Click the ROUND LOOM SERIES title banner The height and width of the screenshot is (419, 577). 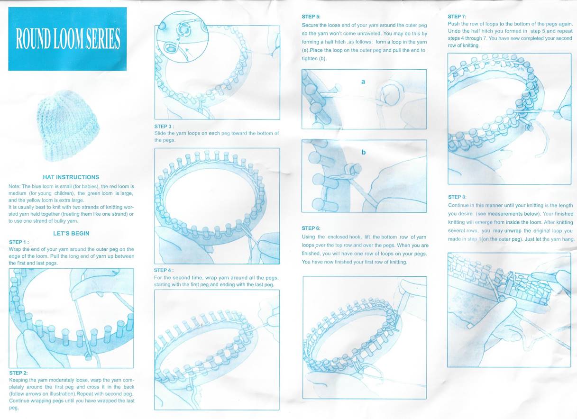pyautogui.click(x=67, y=39)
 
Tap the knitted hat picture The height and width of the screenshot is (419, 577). pyautogui.click(x=69, y=126)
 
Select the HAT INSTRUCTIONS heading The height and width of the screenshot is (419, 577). pyautogui.click(x=71, y=177)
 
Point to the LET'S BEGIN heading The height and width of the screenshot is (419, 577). pyautogui.click(x=71, y=233)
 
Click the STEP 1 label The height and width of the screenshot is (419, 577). pyautogui.click(x=19, y=242)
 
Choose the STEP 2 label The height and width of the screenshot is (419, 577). pyautogui.click(x=18, y=373)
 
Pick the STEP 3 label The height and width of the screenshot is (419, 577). pyautogui.click(x=164, y=127)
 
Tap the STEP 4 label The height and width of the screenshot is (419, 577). pyautogui.click(x=164, y=270)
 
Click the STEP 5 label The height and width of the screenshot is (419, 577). pyautogui.click(x=311, y=17)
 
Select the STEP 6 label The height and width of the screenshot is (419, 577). pyautogui.click(x=311, y=228)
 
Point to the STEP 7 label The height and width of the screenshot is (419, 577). pyautogui.click(x=457, y=17)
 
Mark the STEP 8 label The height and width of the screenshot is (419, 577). pyautogui.click(x=457, y=197)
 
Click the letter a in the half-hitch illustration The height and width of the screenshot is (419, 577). pyautogui.click(x=363, y=82)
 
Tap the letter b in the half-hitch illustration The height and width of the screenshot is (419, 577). pyautogui.click(x=364, y=152)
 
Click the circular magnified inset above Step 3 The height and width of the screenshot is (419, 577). pyautogui.click(x=183, y=37)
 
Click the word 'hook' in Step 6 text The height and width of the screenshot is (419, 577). pyautogui.click(x=355, y=237)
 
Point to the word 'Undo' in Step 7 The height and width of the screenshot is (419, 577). pyautogui.click(x=453, y=31)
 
